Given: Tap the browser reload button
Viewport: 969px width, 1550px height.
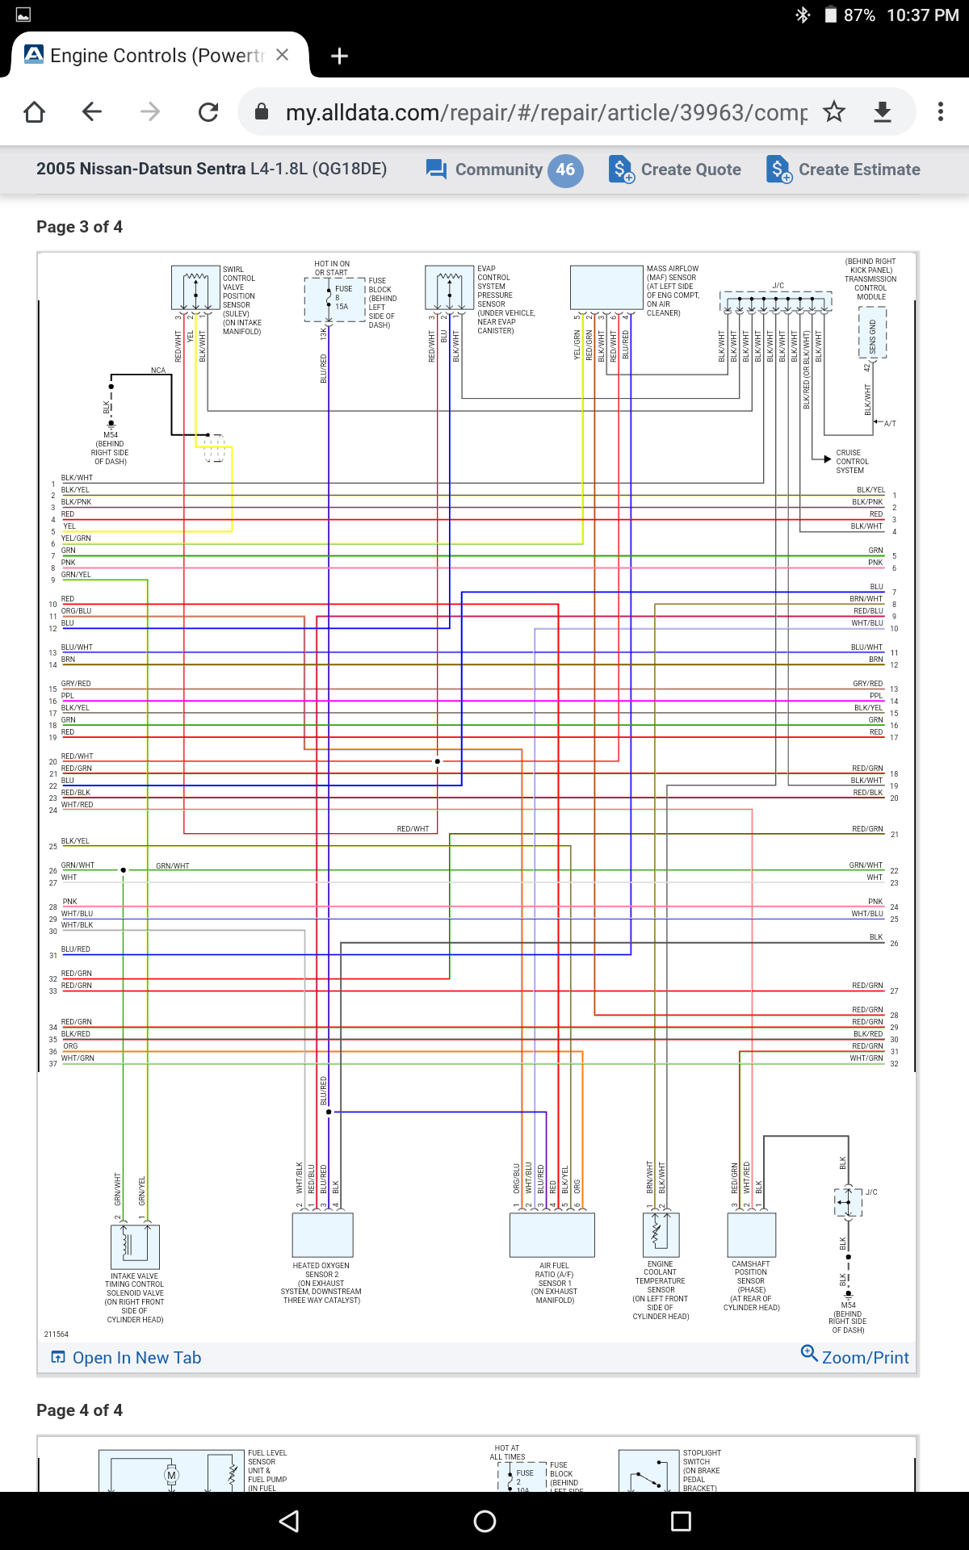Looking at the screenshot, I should pos(208,111).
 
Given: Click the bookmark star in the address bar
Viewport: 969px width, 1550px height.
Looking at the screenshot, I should pos(834,111).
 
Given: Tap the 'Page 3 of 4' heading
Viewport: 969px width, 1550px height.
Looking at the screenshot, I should pos(79,227).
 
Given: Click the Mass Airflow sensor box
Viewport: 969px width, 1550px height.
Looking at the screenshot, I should pos(606,287).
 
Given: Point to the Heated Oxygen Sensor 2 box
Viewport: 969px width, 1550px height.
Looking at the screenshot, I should pos(322,1234).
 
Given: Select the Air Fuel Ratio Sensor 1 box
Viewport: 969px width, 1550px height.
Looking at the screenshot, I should pos(552,1234).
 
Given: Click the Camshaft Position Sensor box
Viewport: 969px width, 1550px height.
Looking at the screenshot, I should pos(752,1234).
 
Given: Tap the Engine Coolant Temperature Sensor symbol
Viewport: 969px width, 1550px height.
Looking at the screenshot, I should pos(661,1234).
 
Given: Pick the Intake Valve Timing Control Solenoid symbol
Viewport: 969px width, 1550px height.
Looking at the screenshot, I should pos(135,1246).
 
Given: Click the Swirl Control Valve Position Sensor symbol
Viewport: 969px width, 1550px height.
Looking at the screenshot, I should pos(195,287).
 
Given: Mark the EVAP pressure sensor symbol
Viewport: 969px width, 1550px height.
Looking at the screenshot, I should pos(449,287).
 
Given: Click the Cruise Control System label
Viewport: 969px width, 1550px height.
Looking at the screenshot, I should pos(852,462).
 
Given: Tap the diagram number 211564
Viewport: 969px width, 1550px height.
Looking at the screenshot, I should pos(57,1334).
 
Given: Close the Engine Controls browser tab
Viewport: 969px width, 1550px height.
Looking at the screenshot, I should pos(282,55).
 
